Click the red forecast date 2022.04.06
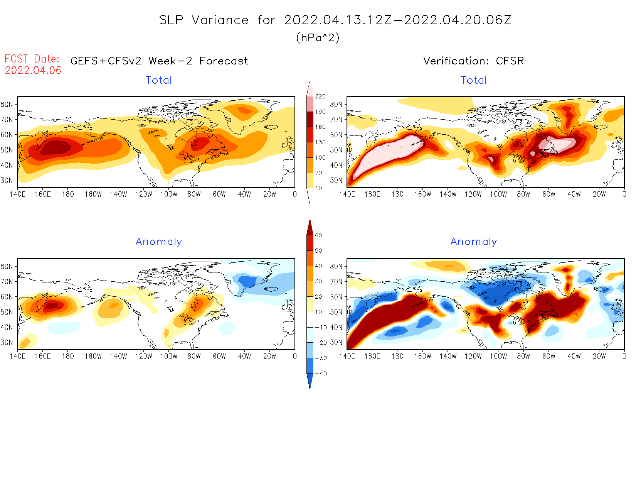click(x=33, y=70)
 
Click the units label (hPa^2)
click(x=318, y=37)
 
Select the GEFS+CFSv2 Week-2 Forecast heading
click(x=159, y=61)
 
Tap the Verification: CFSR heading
click(x=473, y=61)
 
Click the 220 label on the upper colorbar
click(x=320, y=96)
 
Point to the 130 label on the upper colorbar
click(x=320, y=142)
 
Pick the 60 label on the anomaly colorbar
click(x=318, y=235)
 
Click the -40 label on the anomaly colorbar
click(x=321, y=374)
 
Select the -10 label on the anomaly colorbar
click(x=321, y=327)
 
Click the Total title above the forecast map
click(x=159, y=80)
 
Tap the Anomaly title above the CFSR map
click(x=474, y=242)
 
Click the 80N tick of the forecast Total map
click(x=7, y=105)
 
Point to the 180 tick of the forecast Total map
click(x=68, y=194)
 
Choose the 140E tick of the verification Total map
click(x=347, y=194)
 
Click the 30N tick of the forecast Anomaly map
click(x=7, y=343)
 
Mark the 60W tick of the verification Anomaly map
click(x=549, y=357)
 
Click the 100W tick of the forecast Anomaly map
click(x=169, y=357)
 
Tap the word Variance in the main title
click(x=220, y=20)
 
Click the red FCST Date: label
click(x=32, y=59)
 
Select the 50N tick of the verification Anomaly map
click(x=336, y=312)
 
